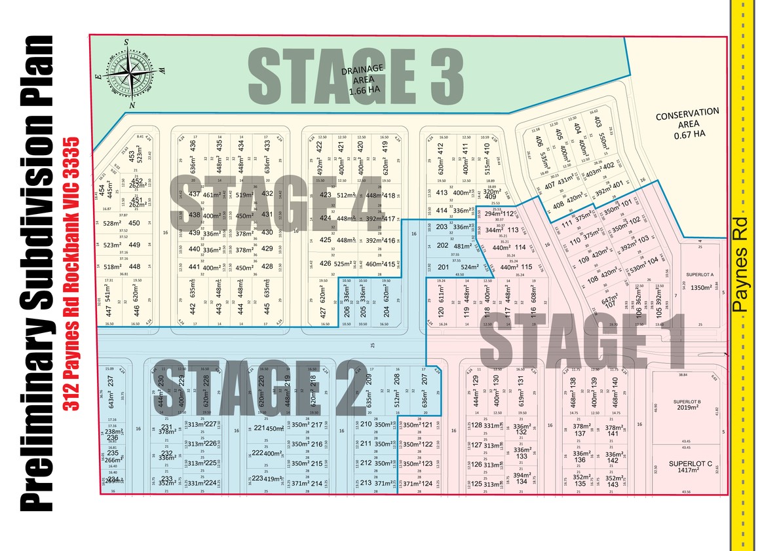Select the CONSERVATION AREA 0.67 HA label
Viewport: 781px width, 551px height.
[x=687, y=124]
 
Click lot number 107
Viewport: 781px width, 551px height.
[x=610, y=304]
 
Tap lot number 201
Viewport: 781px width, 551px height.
[x=443, y=267]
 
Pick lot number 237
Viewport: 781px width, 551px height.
[x=111, y=381]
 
